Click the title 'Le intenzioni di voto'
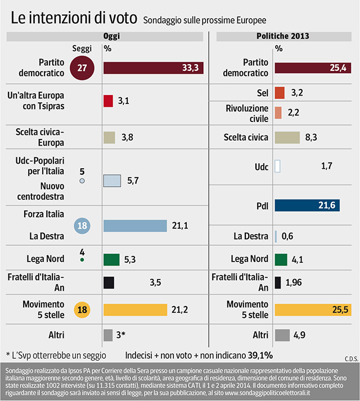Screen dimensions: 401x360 (x=73, y=19)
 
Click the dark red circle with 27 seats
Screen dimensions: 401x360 (x=81, y=67)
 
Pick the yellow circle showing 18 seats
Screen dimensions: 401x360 (x=82, y=309)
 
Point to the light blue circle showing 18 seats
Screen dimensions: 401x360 (x=82, y=226)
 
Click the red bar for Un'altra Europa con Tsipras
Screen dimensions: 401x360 (x=109, y=101)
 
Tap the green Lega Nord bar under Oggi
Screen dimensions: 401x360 (x=111, y=259)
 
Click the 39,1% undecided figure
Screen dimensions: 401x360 (x=260, y=355)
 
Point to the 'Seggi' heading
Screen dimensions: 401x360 (x=82, y=48)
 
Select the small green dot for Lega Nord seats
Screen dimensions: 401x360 (x=82, y=260)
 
